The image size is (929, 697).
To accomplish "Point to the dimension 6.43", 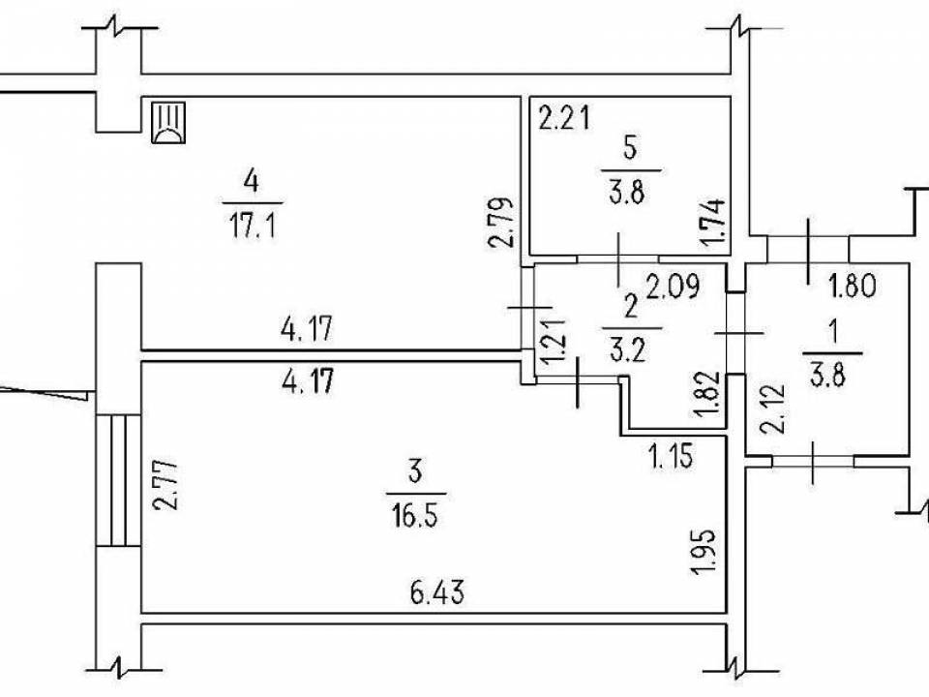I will pyautogui.click(x=426, y=590).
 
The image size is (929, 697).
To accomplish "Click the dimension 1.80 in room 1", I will pyautogui.click(x=854, y=287).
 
